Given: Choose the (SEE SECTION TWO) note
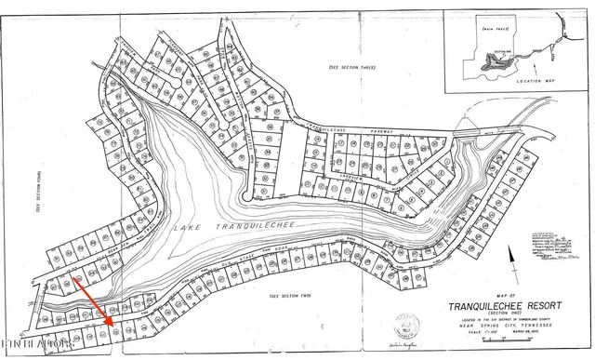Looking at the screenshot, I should [288, 295].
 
